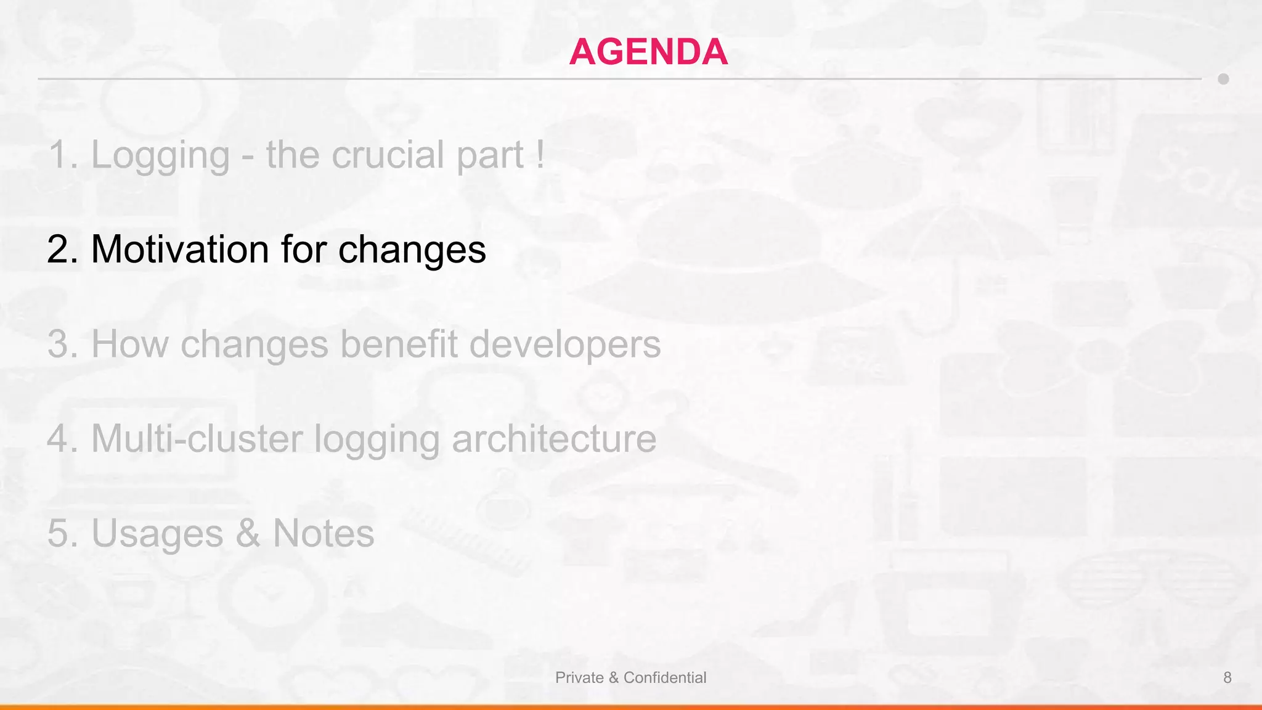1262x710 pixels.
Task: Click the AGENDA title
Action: pyautogui.click(x=648, y=51)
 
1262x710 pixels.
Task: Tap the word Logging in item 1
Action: pyautogui.click(x=160, y=155)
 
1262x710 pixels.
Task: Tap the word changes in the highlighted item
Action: pyautogui.click(x=412, y=250)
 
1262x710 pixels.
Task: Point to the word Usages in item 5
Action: pyautogui.click(x=157, y=533)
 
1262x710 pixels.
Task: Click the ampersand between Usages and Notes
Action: pyautogui.click(x=248, y=533)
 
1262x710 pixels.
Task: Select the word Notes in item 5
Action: pyautogui.click(x=323, y=533)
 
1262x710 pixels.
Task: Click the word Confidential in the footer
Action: pyautogui.click(x=665, y=677)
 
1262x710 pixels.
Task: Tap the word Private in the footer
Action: pyautogui.click(x=579, y=677)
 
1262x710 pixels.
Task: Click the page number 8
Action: pyautogui.click(x=1227, y=677)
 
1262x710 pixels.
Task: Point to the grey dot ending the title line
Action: pyautogui.click(x=1223, y=79)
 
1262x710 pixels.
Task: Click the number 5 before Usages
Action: pyautogui.click(x=59, y=533)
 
